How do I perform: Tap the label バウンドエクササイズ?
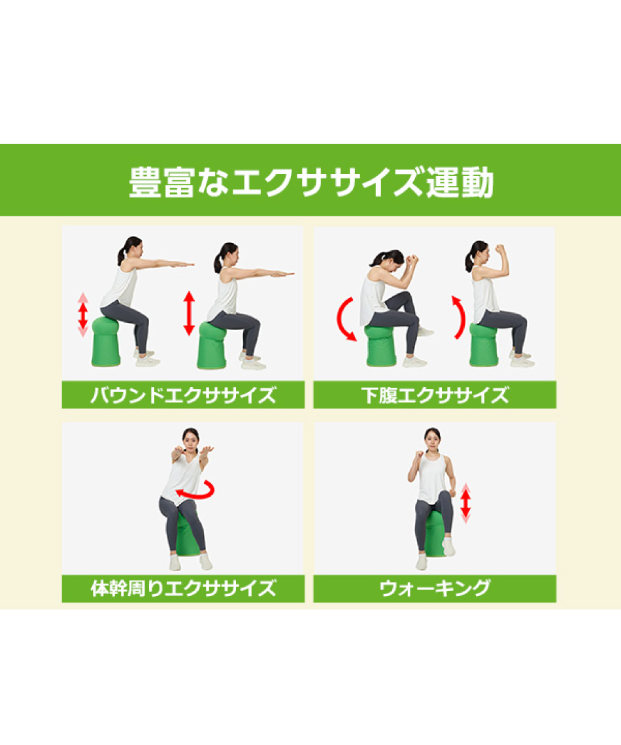click(183, 395)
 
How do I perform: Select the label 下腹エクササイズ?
click(435, 395)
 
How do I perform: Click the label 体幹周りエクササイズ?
click(183, 589)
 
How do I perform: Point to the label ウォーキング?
click(435, 589)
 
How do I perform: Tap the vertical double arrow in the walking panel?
click(465, 503)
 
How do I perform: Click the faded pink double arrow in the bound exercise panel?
click(83, 315)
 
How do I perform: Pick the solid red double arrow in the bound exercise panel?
click(189, 314)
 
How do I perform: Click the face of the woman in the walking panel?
click(432, 437)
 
